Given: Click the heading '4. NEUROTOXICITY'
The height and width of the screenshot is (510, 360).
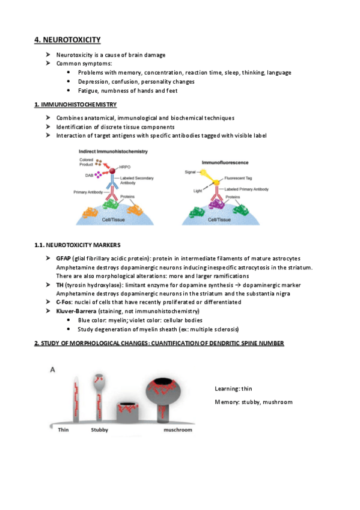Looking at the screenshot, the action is pos(67,40).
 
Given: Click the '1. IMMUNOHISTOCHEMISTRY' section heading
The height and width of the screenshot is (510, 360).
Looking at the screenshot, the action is pos(75,105).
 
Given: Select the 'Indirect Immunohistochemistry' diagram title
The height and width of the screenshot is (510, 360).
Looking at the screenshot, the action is pos(113,151).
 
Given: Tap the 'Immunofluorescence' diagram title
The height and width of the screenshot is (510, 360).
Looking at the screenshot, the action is pos(225,162).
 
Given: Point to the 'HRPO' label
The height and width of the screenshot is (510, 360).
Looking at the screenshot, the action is pos(125,167).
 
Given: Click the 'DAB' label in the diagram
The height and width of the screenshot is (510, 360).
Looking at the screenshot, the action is pos(89,176).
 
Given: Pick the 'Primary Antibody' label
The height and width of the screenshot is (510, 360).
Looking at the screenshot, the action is pos(88,192).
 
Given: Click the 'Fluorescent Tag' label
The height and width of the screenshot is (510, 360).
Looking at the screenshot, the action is pos(238,178).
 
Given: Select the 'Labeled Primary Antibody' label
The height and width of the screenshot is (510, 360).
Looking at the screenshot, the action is pos(246,189).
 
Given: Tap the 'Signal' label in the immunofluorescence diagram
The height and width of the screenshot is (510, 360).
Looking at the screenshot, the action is pos(190,172).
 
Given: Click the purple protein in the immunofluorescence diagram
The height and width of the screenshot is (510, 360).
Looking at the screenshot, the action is pos(216,204).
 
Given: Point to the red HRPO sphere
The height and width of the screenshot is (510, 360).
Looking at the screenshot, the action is pos(112,171).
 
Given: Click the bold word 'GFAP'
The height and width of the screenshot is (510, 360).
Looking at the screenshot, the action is pos(63,258).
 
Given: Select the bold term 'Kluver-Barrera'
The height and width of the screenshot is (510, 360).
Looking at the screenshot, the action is pos(76,311).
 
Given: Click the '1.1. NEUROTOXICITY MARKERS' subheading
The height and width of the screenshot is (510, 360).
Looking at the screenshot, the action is pos(78,245).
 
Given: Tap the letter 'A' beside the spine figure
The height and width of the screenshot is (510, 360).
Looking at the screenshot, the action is pos(52,370).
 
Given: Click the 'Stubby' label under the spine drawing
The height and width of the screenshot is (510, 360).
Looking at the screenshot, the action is pos(99,429).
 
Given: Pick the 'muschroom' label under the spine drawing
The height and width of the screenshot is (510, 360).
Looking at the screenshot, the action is pos(178,429).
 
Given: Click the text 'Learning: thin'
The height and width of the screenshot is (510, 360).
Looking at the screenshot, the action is pos(233,389).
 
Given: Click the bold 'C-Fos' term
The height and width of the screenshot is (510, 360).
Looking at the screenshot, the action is pos(64,302).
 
